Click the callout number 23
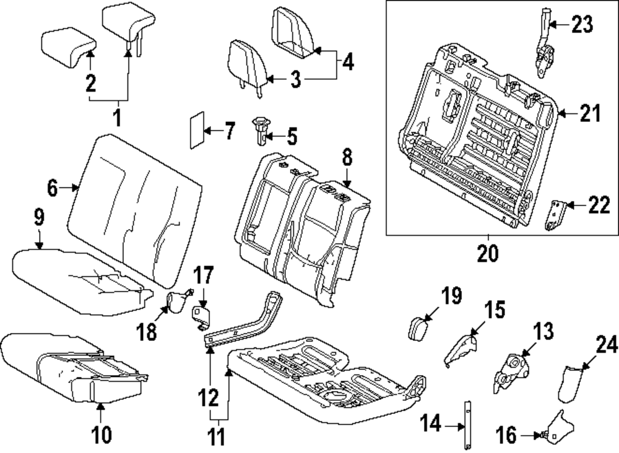582,25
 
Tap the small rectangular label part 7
196,131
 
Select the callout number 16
506,436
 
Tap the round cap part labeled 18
178,301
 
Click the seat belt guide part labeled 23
544,53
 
